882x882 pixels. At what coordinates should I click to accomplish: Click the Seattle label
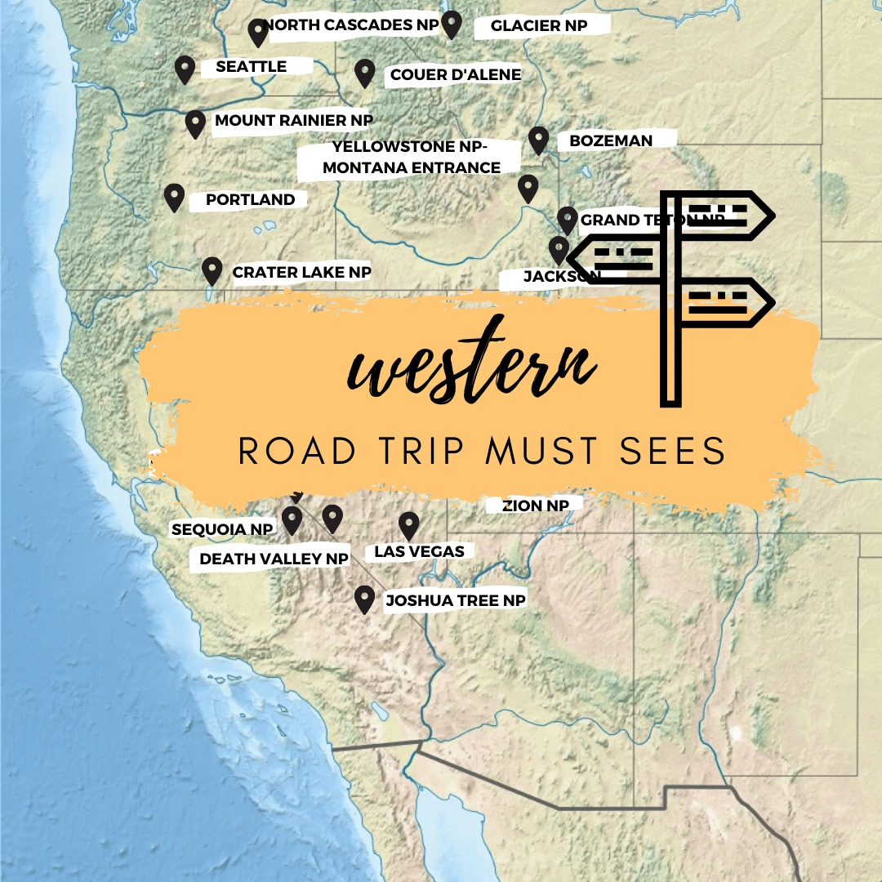(x=251, y=67)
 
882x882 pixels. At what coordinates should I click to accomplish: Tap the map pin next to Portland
(x=174, y=197)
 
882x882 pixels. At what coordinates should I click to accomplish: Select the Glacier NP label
(x=539, y=26)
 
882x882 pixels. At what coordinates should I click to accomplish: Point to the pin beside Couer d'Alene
(x=364, y=73)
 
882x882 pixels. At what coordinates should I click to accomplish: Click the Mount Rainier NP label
(x=293, y=121)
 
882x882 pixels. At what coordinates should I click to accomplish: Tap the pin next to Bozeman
(x=538, y=140)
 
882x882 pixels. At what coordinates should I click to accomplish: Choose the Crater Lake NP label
(x=301, y=272)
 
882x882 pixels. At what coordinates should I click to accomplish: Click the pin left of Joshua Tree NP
(x=364, y=599)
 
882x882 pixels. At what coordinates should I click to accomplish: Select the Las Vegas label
(x=419, y=551)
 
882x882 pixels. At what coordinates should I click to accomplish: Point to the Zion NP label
(x=536, y=506)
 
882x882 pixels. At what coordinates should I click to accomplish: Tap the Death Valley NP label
(x=274, y=559)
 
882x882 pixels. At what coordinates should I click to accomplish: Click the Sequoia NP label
(x=222, y=529)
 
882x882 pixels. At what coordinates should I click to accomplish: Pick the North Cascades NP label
(x=352, y=25)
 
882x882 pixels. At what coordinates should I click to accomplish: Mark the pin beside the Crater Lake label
(x=212, y=269)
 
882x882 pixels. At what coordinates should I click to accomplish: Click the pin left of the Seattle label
(x=185, y=69)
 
